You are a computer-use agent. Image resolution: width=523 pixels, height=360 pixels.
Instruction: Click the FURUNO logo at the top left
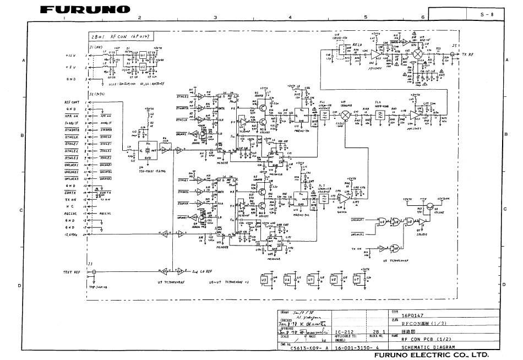point(85,9)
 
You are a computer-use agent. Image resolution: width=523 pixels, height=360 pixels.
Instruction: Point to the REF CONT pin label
point(72,102)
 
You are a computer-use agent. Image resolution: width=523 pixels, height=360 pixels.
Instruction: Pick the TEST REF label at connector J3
point(72,272)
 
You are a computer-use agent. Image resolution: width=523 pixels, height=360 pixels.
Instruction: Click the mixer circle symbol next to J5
point(418,54)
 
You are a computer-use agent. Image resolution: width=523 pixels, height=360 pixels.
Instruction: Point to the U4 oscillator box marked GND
point(147,148)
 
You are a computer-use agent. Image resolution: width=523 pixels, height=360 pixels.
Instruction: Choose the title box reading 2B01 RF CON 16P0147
point(121,37)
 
